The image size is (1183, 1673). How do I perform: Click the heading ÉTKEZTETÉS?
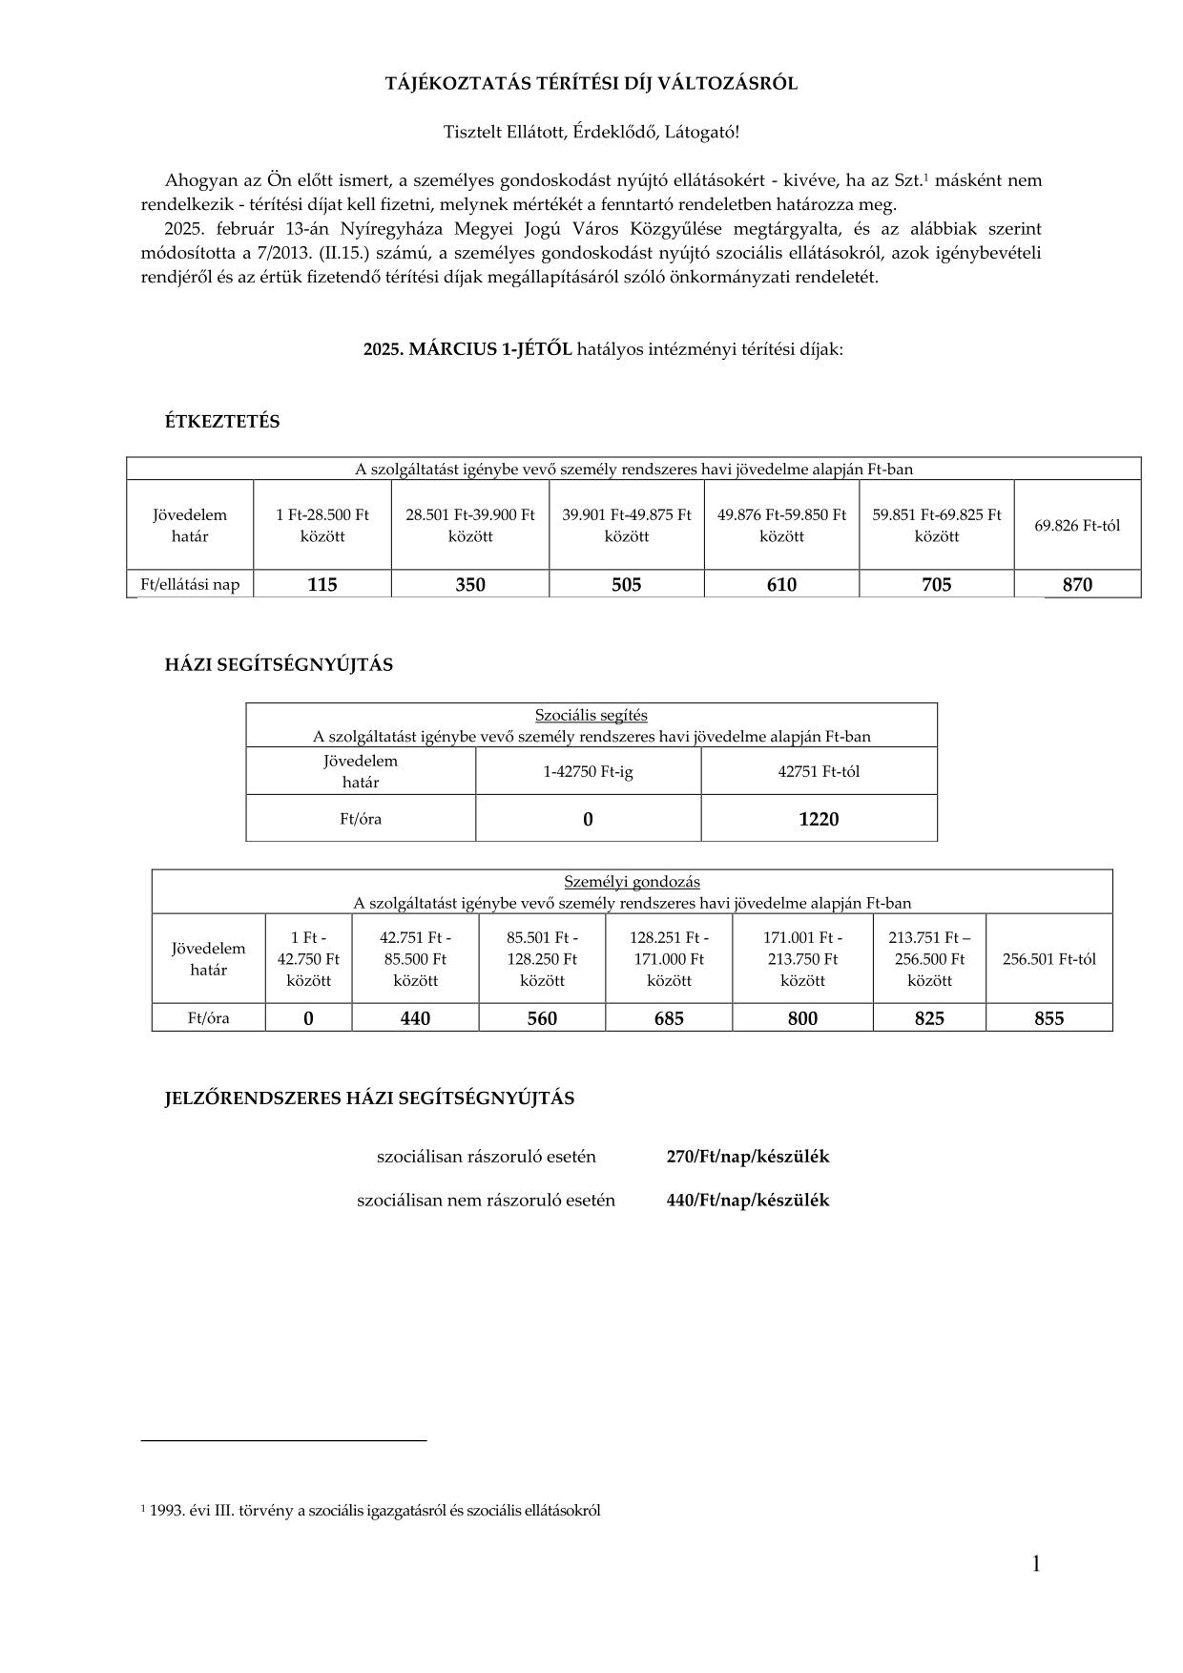pos(222,422)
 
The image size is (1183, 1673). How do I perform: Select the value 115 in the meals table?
pos(322,584)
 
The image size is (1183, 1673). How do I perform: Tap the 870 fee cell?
pos(1077,584)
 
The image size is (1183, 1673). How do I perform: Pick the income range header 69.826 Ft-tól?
pos(1077,525)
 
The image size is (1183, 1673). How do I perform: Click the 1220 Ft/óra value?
pos(819,819)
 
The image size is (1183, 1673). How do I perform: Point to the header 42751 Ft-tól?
pos(819,771)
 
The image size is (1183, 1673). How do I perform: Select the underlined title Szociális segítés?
pos(591,715)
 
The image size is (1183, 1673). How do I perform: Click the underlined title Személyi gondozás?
pos(632,882)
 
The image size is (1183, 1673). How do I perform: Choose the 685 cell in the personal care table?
pos(669,1018)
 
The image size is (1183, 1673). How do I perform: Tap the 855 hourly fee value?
pos(1048,1018)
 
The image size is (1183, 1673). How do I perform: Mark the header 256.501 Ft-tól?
pos(1048,959)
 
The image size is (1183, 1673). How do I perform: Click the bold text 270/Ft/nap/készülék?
pos(748,1157)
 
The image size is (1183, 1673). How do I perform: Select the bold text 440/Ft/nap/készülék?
pos(748,1201)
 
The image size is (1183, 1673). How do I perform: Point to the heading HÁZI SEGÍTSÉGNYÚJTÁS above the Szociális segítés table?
pos(279,665)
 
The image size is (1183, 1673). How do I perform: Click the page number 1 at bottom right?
pos(1036,1563)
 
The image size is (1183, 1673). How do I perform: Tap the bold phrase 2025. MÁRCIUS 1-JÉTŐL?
pos(467,349)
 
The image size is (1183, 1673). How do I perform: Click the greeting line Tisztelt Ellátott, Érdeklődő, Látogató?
pos(591,132)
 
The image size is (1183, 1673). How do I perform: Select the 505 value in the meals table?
pos(627,584)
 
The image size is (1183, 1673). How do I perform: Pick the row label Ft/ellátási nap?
pos(190,584)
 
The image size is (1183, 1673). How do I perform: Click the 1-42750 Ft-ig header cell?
pos(588,771)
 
